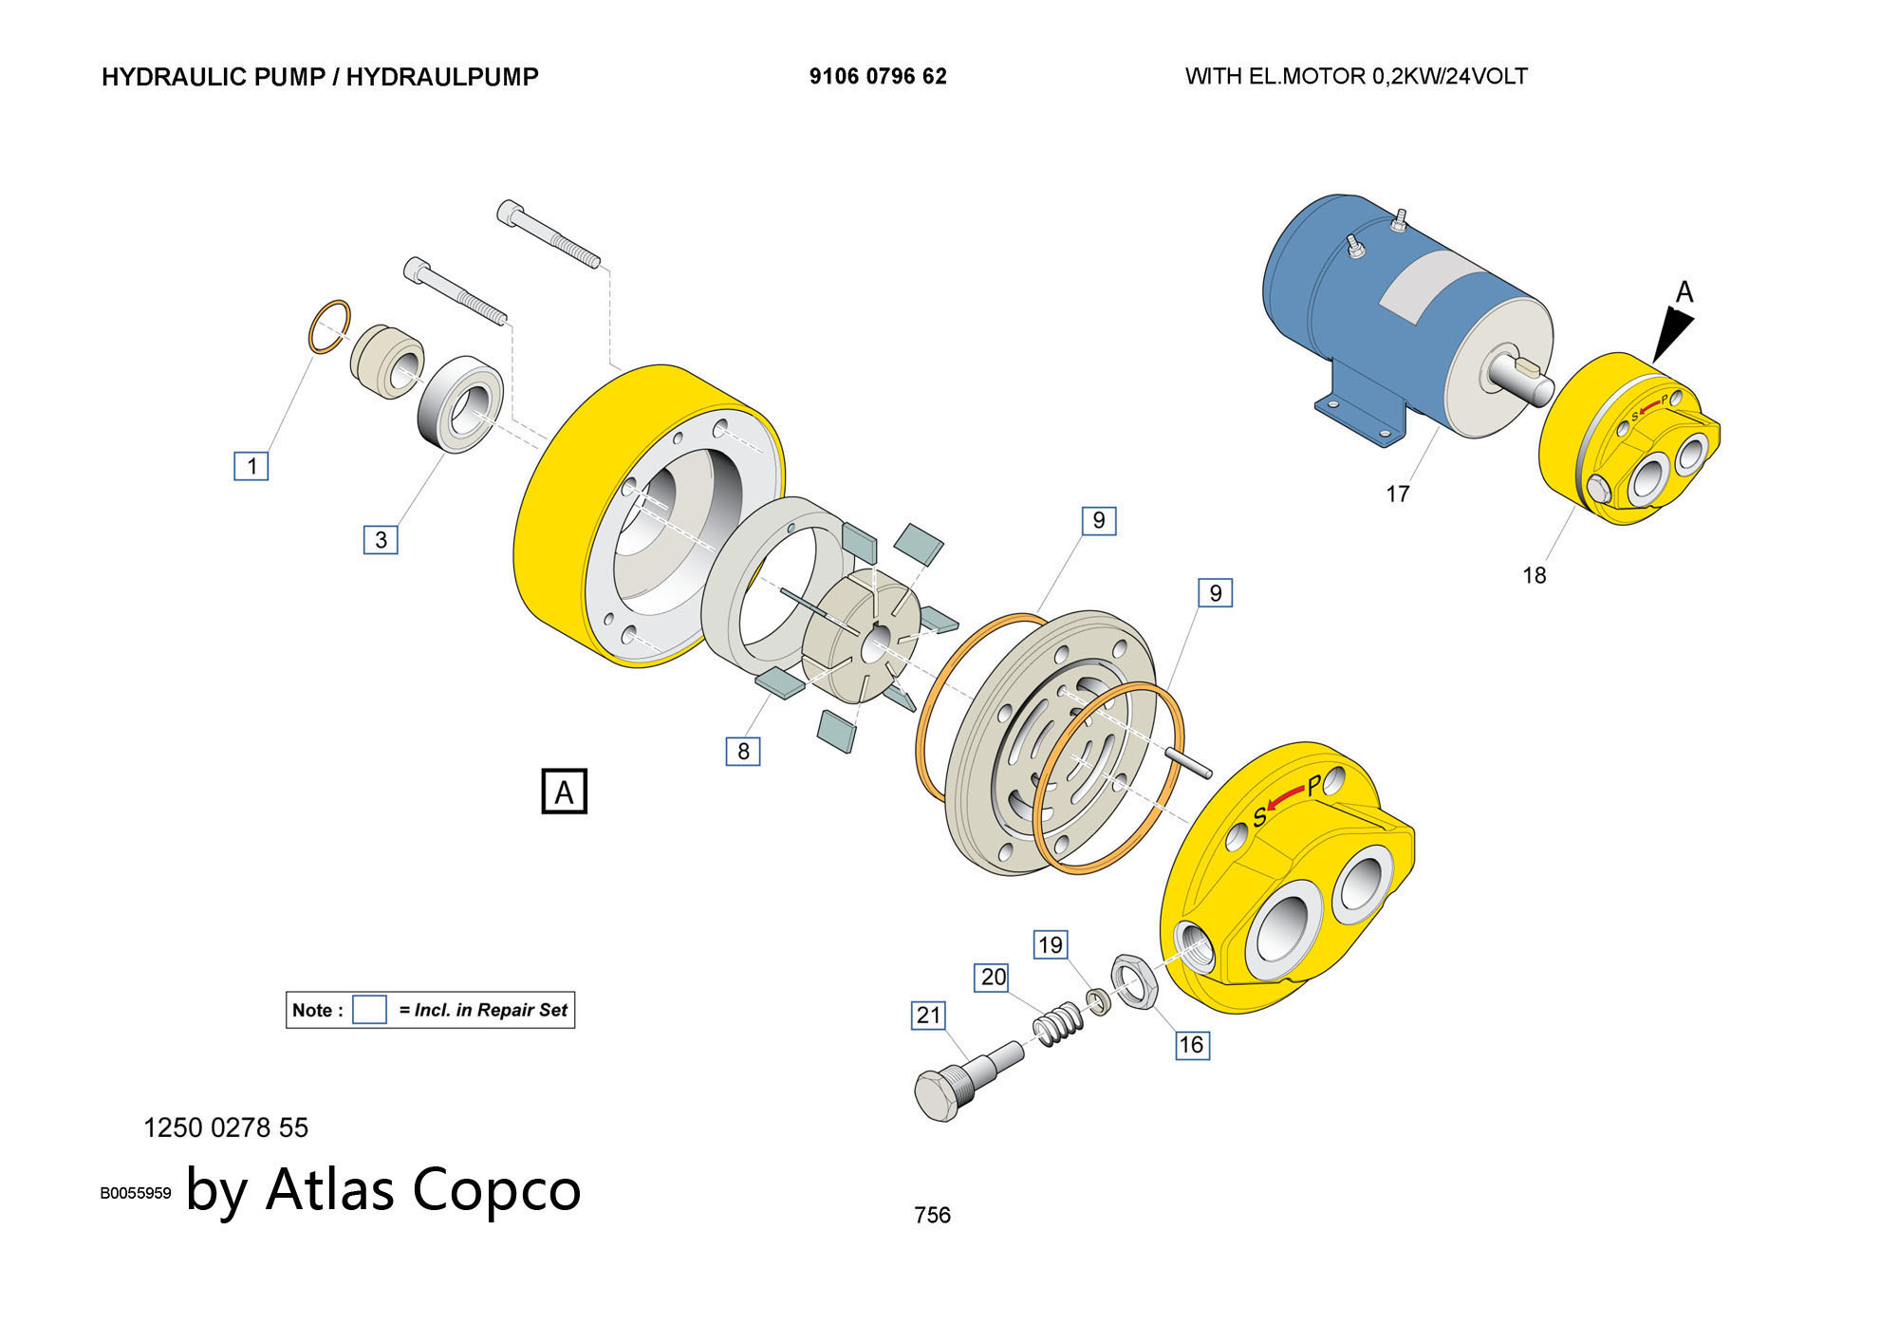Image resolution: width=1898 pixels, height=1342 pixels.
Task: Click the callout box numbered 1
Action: click(251, 466)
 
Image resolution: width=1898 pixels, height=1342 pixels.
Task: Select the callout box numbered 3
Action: click(381, 539)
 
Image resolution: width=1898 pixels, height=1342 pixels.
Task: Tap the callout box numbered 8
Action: click(743, 751)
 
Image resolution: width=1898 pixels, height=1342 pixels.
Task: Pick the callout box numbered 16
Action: click(1191, 1045)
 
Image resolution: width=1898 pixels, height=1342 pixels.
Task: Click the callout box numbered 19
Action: click(1051, 944)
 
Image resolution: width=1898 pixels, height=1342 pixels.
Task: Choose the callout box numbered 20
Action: click(993, 977)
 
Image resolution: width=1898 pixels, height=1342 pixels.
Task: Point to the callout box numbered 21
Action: click(928, 1016)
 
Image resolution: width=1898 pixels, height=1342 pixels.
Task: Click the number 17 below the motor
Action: click(1397, 494)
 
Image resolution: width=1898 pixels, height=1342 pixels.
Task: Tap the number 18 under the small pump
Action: click(1534, 575)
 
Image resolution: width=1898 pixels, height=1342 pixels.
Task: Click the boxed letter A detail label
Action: click(565, 792)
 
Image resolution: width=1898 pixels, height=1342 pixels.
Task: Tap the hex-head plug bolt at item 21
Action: click(940, 1096)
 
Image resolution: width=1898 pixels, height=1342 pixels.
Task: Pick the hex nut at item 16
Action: click(1134, 981)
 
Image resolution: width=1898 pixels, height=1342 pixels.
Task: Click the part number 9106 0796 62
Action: click(878, 77)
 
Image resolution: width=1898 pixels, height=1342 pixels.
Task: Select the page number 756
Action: click(932, 1215)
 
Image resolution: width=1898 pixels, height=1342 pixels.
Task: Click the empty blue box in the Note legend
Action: click(369, 1010)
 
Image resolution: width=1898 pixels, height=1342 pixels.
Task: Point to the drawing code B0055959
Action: click(136, 1193)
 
